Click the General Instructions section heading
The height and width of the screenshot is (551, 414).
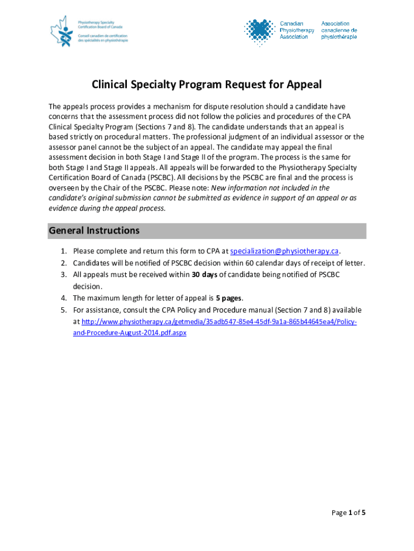94,231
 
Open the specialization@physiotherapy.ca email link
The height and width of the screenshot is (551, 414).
284,251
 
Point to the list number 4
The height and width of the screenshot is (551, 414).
63,298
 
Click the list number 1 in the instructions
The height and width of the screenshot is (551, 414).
63,251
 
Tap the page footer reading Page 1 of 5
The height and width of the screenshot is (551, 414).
348,513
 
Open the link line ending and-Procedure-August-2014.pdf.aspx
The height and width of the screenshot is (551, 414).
130,333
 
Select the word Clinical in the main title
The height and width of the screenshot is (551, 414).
111,84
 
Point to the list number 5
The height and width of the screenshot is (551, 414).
63,310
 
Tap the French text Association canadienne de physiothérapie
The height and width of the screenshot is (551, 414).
339,30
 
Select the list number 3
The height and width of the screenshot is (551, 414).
63,275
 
